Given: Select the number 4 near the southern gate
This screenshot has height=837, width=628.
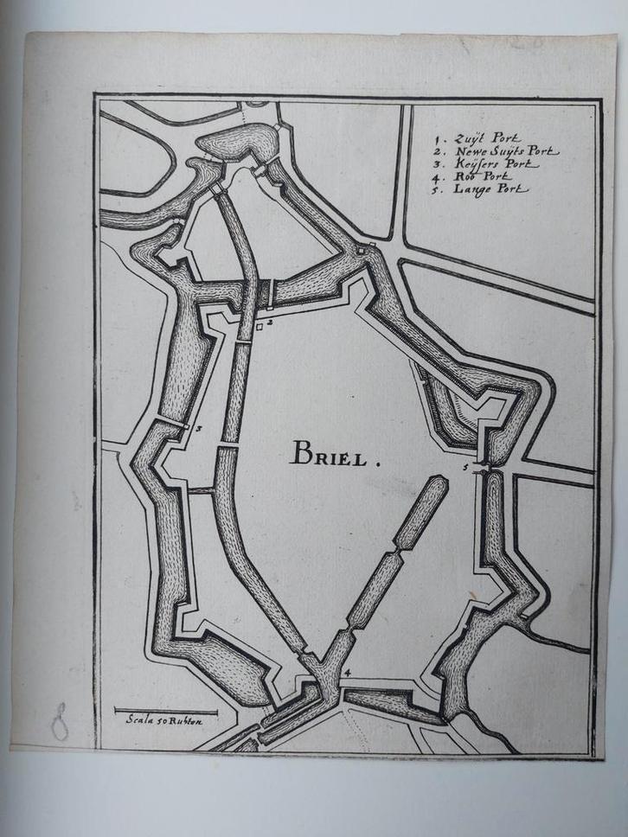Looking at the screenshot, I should (x=347, y=672).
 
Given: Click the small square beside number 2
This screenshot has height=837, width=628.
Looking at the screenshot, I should (x=259, y=328).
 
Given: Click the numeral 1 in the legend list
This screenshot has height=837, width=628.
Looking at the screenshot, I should (x=440, y=137).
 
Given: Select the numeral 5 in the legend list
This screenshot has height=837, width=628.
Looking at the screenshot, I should (x=440, y=188).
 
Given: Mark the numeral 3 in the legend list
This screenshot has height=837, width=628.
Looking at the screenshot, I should (x=440, y=163).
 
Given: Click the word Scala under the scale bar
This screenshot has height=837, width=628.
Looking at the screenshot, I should (x=139, y=719).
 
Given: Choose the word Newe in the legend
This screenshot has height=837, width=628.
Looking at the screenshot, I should (x=468, y=150).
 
